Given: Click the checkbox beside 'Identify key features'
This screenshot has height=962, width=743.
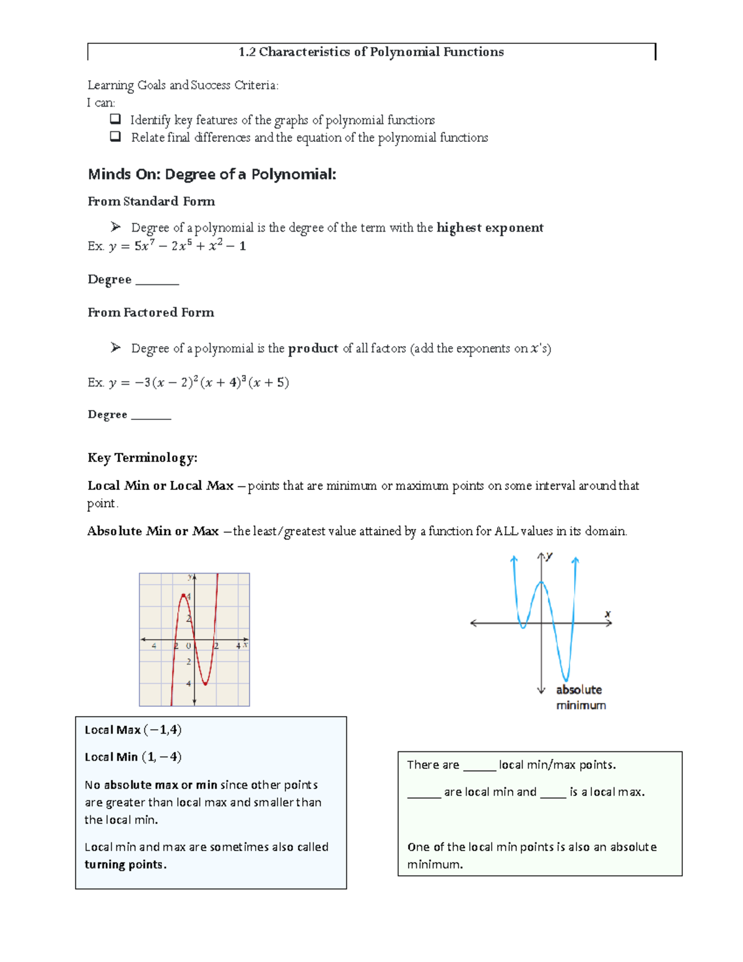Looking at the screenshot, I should click(115, 119).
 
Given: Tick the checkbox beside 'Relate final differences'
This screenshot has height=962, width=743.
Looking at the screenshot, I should click(115, 137).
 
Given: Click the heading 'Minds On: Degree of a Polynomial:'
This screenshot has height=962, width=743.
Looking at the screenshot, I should click(212, 174).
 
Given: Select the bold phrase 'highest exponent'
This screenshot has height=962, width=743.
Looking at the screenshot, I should click(490, 227).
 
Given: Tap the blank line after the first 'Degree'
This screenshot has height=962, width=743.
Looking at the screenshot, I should click(157, 281).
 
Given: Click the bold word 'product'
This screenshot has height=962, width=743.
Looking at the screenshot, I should click(313, 348).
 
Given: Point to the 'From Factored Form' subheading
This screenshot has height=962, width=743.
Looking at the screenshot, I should click(151, 312).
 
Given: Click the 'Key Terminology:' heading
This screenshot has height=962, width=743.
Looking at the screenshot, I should click(142, 458).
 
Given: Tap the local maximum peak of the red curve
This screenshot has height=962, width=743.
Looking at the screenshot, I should click(184, 595).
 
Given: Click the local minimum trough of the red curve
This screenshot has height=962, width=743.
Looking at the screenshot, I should click(205, 684).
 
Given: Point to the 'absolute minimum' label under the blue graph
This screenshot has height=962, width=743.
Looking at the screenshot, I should click(580, 697).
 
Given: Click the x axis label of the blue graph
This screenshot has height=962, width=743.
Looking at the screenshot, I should click(607, 614).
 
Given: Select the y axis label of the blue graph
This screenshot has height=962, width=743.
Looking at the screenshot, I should click(549, 556).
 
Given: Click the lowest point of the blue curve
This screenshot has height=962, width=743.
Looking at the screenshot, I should click(565, 680).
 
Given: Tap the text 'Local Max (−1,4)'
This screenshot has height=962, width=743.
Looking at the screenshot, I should click(133, 730).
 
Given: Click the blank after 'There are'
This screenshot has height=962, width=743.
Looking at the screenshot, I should click(479, 766).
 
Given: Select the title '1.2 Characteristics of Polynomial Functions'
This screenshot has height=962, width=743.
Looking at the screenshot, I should click(371, 52).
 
